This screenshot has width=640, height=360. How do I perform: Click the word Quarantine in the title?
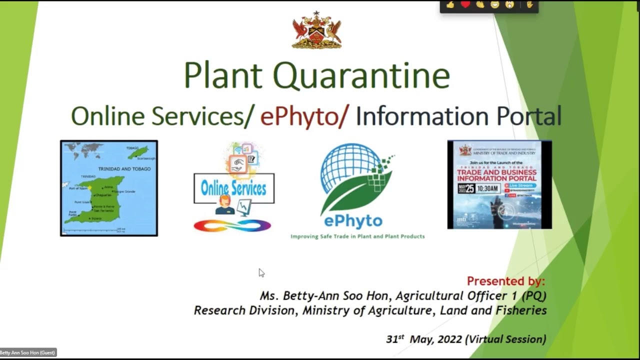pos(361,75)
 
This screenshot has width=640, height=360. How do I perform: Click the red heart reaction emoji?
pos(465,5)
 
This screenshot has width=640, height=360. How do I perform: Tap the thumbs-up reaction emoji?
pos(450,5)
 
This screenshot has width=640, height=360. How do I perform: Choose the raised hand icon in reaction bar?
pos(529,5)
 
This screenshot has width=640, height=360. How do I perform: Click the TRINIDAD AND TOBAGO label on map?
pos(124,169)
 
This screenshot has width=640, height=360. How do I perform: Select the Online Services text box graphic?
pos(233,188)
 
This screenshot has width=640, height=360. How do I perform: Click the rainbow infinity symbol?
pos(232,226)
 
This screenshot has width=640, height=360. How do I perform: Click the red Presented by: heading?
pos(505,281)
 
